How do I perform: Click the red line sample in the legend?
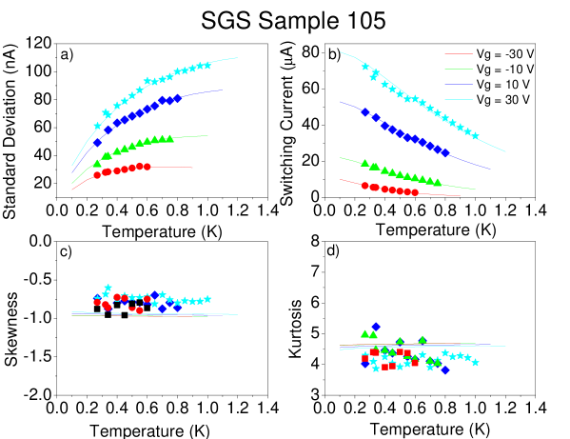point(459,54)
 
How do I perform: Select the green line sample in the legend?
point(459,70)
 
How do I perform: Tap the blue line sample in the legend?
point(459,85)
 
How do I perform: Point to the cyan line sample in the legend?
point(459,99)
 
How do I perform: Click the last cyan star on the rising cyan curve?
point(207,65)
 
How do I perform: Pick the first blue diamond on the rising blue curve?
point(97,143)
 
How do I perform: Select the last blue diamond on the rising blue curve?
point(177,98)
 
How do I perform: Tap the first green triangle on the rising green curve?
point(97,163)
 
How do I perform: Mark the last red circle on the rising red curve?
point(147,167)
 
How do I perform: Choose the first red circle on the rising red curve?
point(97,175)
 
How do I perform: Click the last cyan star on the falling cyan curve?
point(475,135)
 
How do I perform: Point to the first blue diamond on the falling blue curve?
point(365,112)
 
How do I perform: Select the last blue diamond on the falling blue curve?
point(445,152)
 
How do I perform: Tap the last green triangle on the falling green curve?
point(438,182)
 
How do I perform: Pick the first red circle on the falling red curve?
point(365,186)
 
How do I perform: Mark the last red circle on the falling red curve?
point(415,192)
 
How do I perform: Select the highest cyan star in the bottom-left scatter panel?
point(108,288)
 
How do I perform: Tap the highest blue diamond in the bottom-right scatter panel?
point(376,327)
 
